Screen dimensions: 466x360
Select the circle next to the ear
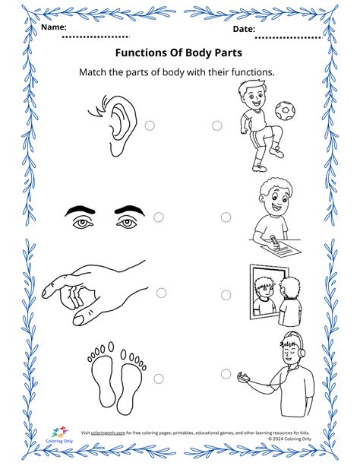pyautogui.click(x=150, y=125)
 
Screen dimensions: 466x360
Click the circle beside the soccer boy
pyautogui.click(x=217, y=125)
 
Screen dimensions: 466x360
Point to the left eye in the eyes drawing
pyautogui.click(x=83, y=221)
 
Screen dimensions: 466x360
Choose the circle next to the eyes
pyautogui.click(x=159, y=217)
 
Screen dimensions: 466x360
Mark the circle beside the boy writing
pyautogui.click(x=226, y=217)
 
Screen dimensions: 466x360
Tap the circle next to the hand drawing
pyautogui.click(x=161, y=293)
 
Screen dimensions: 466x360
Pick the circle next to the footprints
pyautogui.click(x=159, y=378)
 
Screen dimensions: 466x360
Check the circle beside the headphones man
pyautogui.click(x=226, y=373)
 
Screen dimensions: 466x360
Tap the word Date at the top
pyautogui.click(x=244, y=28)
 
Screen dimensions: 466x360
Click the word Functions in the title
pyautogui.click(x=142, y=53)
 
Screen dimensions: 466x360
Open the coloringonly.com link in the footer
pyautogui.click(x=108, y=432)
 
